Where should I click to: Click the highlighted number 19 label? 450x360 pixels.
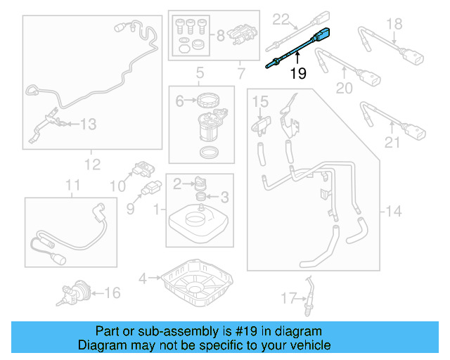[298, 72]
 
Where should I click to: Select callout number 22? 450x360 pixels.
[281, 19]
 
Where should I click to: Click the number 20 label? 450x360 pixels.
[344, 88]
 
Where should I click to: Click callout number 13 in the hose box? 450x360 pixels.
[87, 124]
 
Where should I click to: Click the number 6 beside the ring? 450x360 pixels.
[179, 101]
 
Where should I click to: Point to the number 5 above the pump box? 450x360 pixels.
[200, 72]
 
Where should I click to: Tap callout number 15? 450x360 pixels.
[259, 102]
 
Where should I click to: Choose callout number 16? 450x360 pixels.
[112, 292]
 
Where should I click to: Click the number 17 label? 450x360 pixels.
[284, 298]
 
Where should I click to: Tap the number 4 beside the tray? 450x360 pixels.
[143, 278]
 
